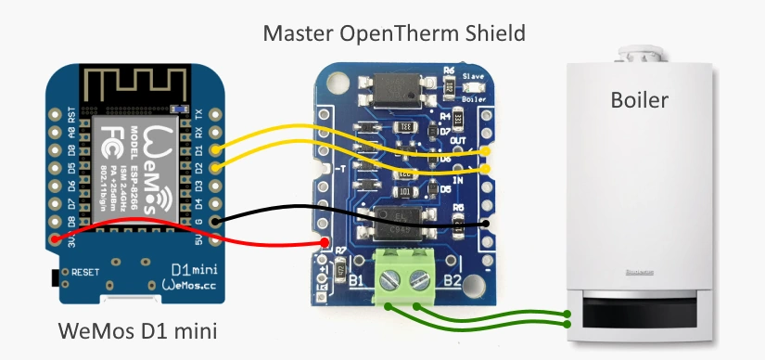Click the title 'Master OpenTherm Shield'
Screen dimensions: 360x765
(394, 34)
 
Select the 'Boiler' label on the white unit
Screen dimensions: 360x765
(639, 99)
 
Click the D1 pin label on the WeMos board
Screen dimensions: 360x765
(198, 149)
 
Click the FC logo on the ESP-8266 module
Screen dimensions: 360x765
(109, 138)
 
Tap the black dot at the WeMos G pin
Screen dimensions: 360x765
(216, 222)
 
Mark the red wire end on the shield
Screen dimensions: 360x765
(325, 243)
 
